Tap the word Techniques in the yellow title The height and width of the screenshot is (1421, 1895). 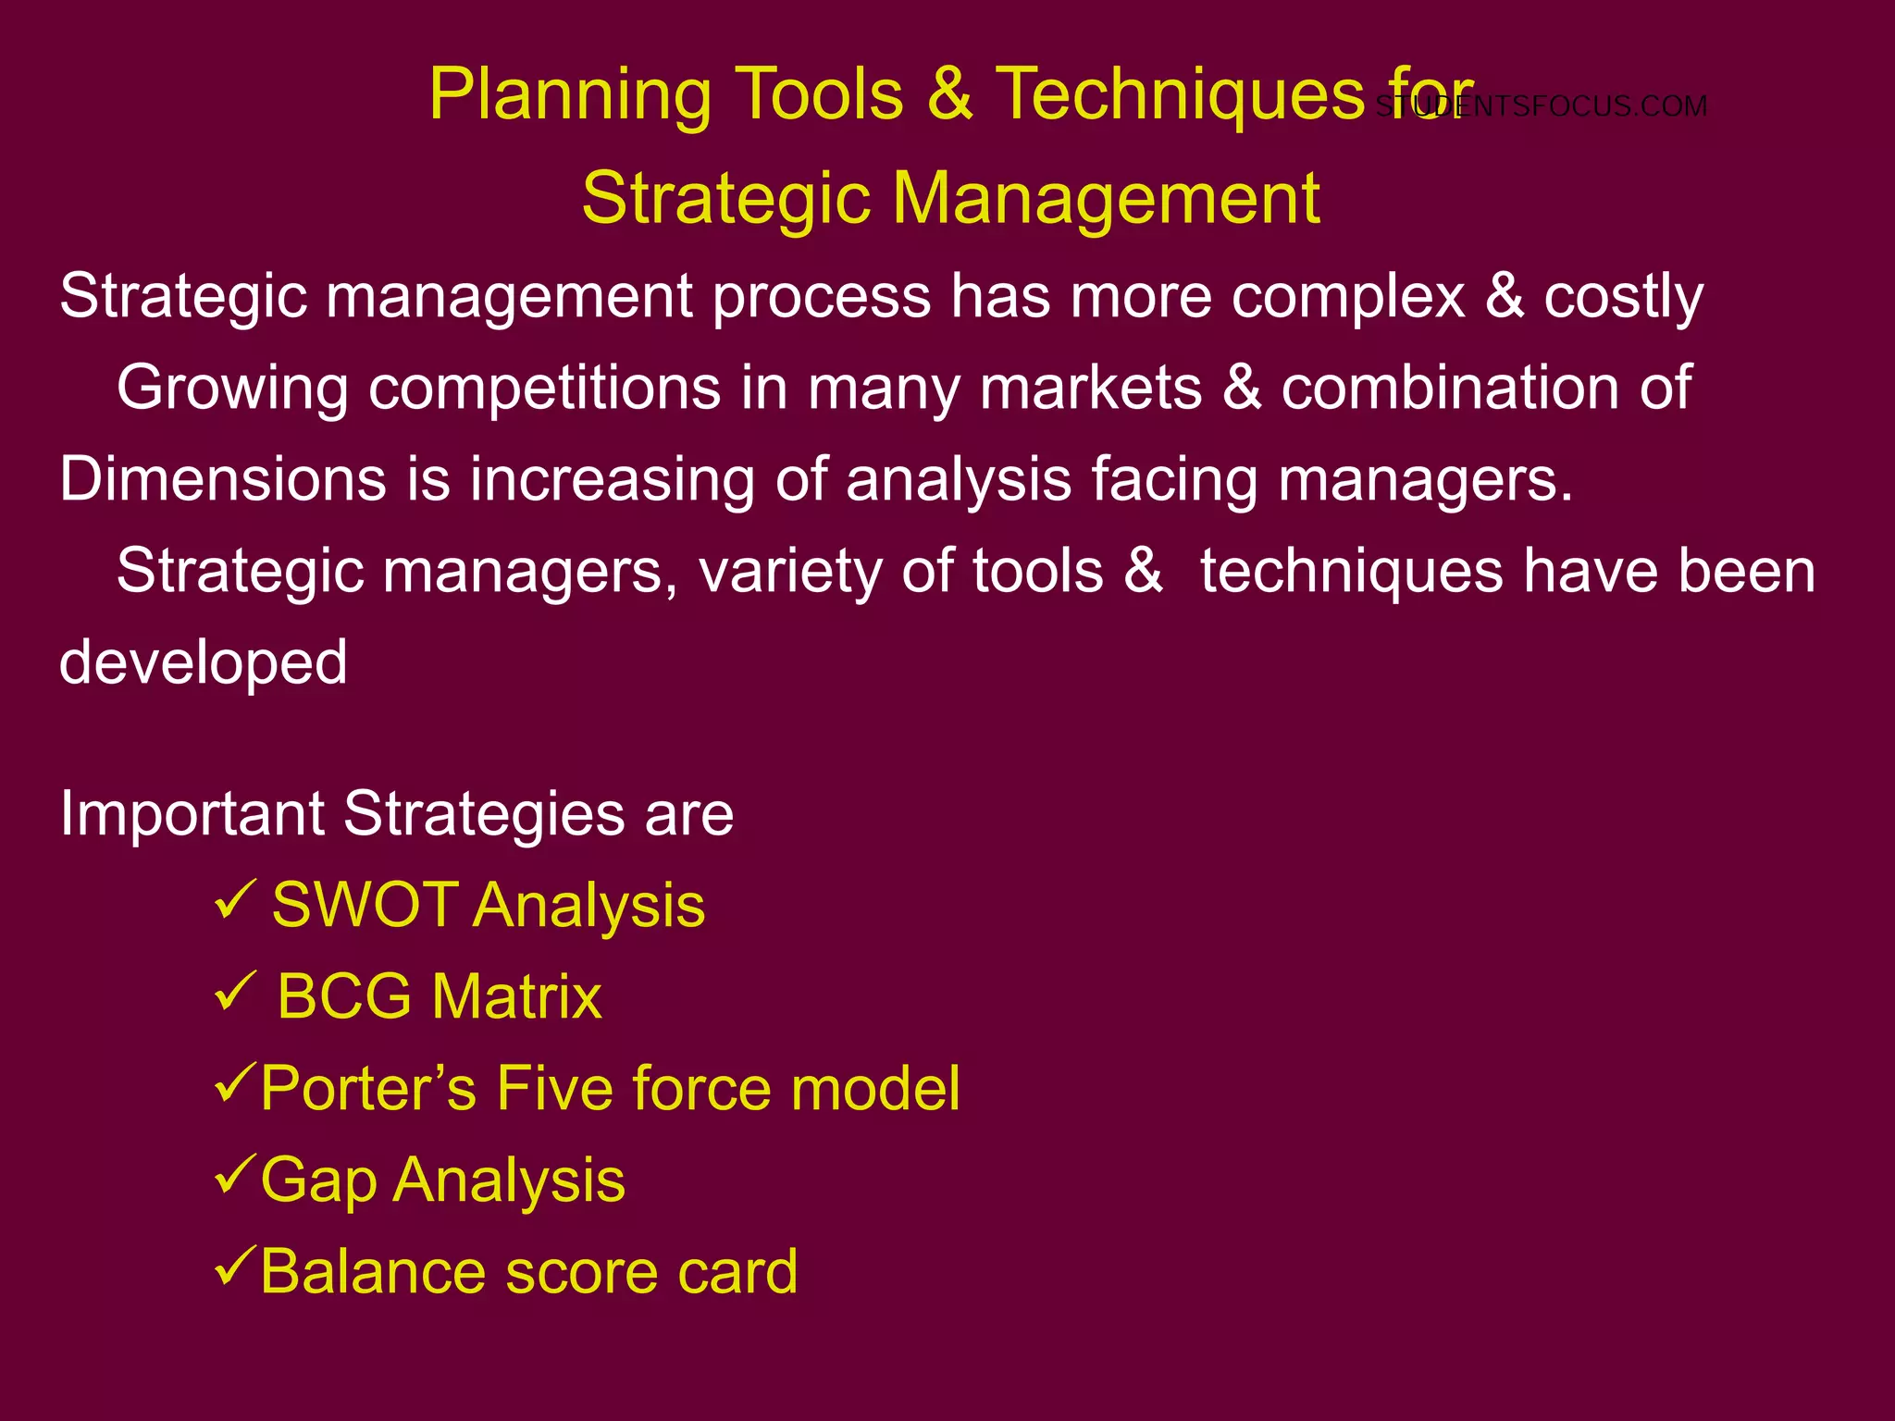click(x=1180, y=94)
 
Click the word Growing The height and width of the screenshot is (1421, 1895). click(x=232, y=389)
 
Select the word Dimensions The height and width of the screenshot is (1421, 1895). click(x=223, y=479)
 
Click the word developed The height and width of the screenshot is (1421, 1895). click(x=204, y=663)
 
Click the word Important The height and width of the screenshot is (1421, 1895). click(x=192, y=814)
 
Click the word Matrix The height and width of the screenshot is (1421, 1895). click(x=516, y=997)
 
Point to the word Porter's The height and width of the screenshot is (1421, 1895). click(x=368, y=1088)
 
